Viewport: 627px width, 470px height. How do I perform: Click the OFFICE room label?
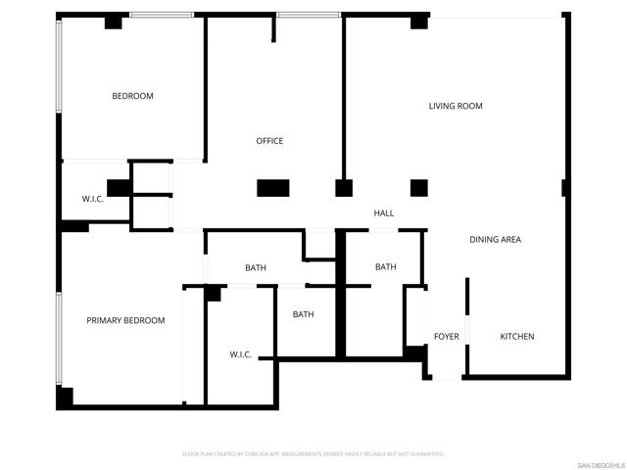pyautogui.click(x=269, y=141)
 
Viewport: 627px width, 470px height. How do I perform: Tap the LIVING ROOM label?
pyautogui.click(x=456, y=106)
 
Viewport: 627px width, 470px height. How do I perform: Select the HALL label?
pyautogui.click(x=383, y=213)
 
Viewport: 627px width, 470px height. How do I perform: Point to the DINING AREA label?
pyautogui.click(x=495, y=240)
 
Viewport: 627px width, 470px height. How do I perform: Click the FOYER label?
pyautogui.click(x=446, y=337)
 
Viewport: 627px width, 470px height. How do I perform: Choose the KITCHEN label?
pyautogui.click(x=517, y=337)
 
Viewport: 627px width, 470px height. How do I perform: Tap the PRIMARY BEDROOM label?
pyautogui.click(x=125, y=320)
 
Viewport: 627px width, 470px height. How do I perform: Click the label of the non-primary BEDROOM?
pyautogui.click(x=132, y=96)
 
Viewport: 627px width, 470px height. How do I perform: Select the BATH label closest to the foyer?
pyautogui.click(x=386, y=267)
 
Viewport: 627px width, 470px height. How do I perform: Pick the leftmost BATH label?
pyautogui.click(x=256, y=268)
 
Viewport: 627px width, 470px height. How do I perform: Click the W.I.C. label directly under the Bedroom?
pyautogui.click(x=93, y=200)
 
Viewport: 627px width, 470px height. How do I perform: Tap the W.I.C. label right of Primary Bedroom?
pyautogui.click(x=241, y=354)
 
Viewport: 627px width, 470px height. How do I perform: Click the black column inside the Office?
pyautogui.click(x=272, y=188)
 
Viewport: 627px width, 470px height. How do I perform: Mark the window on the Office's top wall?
pyautogui.click(x=308, y=15)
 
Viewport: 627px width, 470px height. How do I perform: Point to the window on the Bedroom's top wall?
pyautogui.click(x=161, y=15)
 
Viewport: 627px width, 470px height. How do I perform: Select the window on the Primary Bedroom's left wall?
pyautogui.click(x=59, y=338)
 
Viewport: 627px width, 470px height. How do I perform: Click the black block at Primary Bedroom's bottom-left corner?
pyautogui.click(x=65, y=399)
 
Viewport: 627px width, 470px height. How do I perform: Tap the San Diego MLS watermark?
pyautogui.click(x=600, y=463)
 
